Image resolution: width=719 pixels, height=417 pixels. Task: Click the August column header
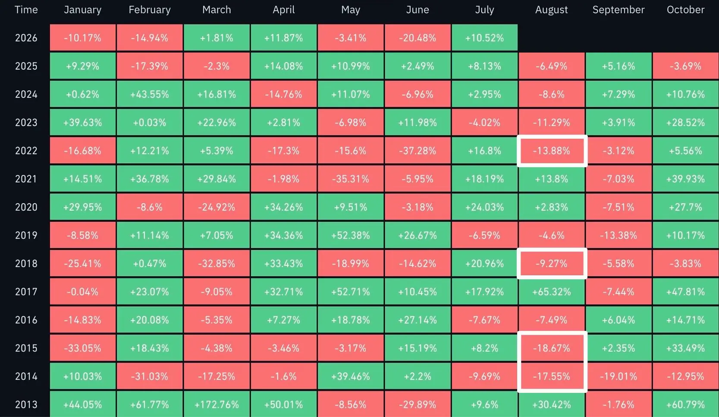551,9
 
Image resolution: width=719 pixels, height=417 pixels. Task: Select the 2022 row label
26,151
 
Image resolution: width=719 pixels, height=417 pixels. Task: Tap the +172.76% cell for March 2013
217,404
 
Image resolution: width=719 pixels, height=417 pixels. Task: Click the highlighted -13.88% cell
552,151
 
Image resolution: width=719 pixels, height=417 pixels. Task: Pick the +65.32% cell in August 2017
552,292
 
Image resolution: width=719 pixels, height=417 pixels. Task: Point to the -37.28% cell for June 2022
418,151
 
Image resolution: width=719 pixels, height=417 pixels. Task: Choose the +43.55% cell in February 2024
150,94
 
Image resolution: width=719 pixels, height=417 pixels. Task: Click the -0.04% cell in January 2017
82,292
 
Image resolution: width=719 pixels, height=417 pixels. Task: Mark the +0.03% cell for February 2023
150,122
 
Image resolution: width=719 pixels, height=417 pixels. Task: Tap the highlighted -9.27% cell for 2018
552,264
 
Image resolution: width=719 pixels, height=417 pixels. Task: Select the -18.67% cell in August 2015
552,348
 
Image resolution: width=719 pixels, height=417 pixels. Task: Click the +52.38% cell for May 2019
351,235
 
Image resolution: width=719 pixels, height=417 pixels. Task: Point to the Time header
26,9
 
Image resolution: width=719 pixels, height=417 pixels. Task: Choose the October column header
686,9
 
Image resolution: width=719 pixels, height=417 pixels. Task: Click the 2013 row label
26,405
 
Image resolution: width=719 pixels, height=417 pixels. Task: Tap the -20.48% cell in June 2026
418,38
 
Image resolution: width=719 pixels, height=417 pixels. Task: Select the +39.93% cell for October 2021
686,179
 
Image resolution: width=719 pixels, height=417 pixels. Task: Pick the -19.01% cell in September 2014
619,377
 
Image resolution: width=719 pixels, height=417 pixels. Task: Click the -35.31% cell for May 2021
351,179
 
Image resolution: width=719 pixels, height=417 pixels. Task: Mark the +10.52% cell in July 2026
484,38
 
